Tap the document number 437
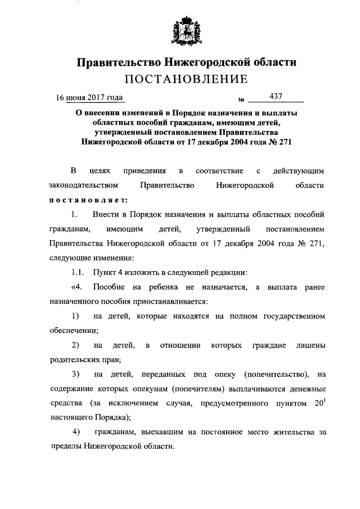tap(276, 97)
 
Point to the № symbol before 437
tap(242, 100)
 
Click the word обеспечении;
tap(74, 331)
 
